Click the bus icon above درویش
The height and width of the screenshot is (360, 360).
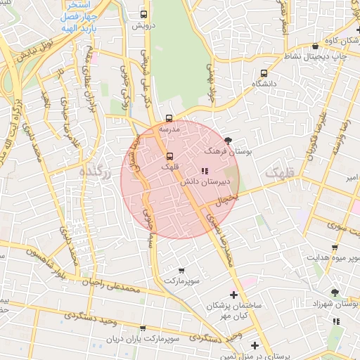click(144, 14)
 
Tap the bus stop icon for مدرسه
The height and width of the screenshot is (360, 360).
click(169, 118)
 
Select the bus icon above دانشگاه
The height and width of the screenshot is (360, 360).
click(264, 73)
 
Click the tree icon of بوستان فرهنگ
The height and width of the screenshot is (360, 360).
click(228, 141)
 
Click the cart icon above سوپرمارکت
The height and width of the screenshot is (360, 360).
click(182, 271)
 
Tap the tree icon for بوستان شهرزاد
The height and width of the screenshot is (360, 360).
click(335, 292)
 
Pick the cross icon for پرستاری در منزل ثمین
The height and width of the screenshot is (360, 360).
click(255, 345)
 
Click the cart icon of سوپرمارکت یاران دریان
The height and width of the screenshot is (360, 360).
click(143, 328)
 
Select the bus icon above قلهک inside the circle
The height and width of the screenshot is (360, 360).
click(169, 156)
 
